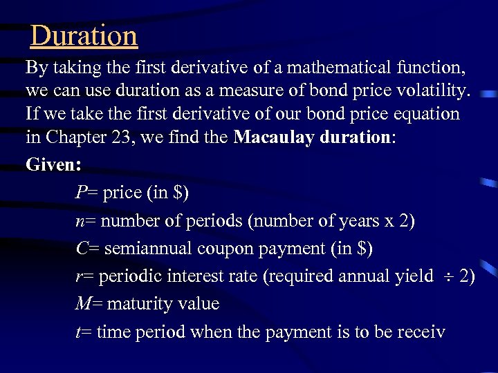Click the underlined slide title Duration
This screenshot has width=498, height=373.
point(84,36)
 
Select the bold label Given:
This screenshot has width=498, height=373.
point(54,165)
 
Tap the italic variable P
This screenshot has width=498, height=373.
point(81,193)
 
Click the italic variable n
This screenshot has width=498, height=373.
point(80,221)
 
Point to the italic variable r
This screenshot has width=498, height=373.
point(79,276)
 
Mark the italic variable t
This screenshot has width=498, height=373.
point(78,332)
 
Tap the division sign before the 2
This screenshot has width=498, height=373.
point(447,277)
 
